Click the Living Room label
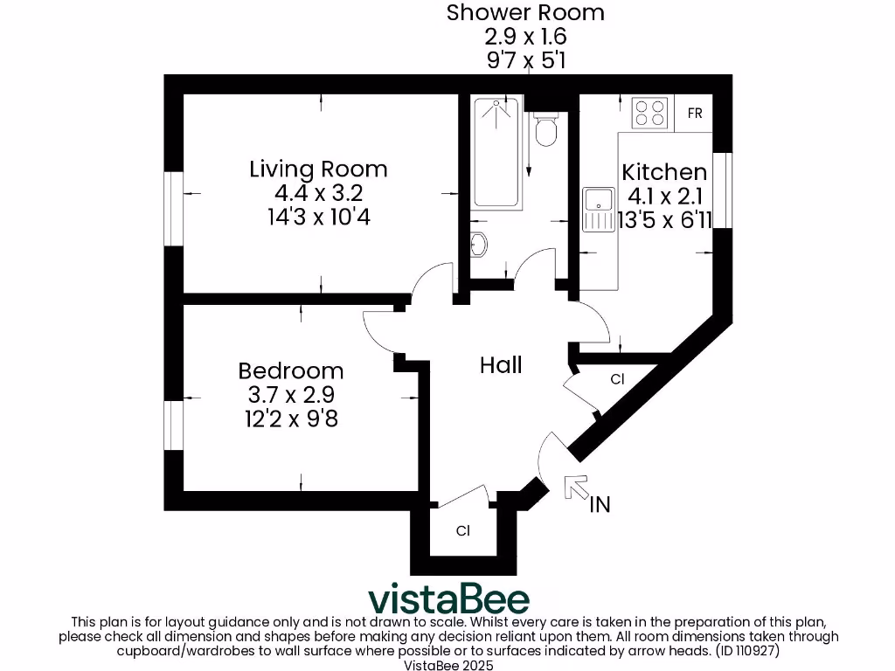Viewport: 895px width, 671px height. pyautogui.click(x=318, y=169)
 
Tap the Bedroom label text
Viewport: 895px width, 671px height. pyautogui.click(x=290, y=370)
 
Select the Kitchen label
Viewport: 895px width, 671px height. pyautogui.click(x=663, y=172)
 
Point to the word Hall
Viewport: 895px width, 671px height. pyautogui.click(x=501, y=364)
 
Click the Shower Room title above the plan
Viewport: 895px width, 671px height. pyautogui.click(x=525, y=13)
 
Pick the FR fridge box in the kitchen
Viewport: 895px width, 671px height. pyautogui.click(x=695, y=114)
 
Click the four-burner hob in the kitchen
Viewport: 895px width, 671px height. pyautogui.click(x=649, y=114)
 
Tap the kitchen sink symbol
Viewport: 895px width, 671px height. pyautogui.click(x=599, y=210)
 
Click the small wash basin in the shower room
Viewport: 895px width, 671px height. pyautogui.click(x=478, y=242)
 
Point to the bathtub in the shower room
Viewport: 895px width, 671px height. pyautogui.click(x=496, y=153)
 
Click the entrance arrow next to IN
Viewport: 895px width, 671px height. pyautogui.click(x=576, y=488)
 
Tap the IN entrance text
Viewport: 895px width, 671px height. pyautogui.click(x=600, y=505)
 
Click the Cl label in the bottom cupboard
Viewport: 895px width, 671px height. pyautogui.click(x=462, y=530)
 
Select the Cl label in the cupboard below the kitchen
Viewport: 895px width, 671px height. pyautogui.click(x=617, y=379)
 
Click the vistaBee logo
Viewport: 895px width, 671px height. pyautogui.click(x=448, y=599)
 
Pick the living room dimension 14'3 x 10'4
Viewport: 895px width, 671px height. pyautogui.click(x=318, y=217)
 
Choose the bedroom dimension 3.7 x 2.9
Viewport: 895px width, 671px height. pyautogui.click(x=290, y=395)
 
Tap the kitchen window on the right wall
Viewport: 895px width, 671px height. pyautogui.click(x=722, y=192)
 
